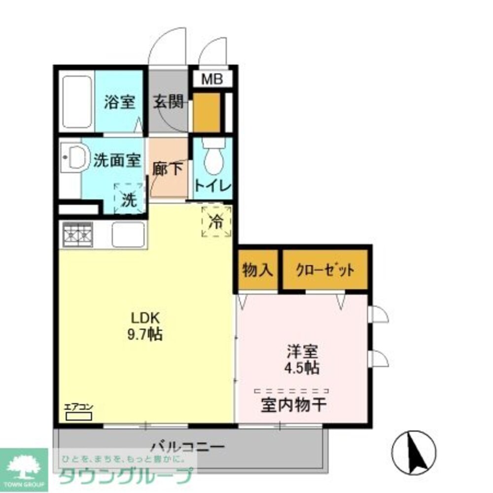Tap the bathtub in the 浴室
point(77,101)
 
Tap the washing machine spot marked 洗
point(128,200)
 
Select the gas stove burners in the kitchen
point(78,234)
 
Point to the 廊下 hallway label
point(168,169)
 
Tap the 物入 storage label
point(257,270)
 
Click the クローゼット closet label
point(325,270)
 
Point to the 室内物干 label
point(293,405)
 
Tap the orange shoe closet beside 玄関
point(206,112)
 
